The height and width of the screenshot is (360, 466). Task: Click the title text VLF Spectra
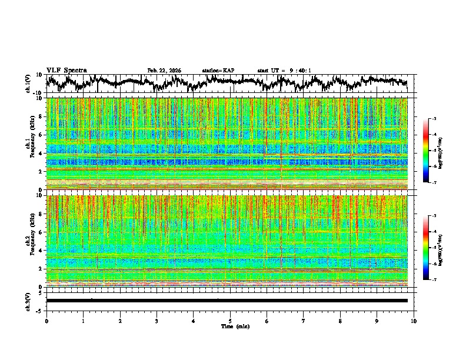click(x=66, y=71)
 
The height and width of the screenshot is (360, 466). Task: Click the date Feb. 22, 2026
click(x=164, y=71)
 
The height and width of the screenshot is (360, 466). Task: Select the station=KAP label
click(x=218, y=71)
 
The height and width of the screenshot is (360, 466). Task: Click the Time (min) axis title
click(x=235, y=326)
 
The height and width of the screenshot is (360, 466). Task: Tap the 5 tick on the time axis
click(x=230, y=321)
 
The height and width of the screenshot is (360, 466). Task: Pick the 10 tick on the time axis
click(x=414, y=321)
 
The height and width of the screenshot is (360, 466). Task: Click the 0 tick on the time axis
click(x=46, y=321)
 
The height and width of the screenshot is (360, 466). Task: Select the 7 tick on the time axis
click(x=304, y=321)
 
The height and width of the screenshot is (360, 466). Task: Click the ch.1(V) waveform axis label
click(x=28, y=84)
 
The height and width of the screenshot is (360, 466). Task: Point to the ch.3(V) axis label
click(x=28, y=301)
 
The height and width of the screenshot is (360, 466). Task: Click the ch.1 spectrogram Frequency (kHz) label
click(x=28, y=144)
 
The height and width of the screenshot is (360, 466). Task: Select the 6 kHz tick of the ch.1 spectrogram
click(x=41, y=135)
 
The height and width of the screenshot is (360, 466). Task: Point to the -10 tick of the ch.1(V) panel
click(x=39, y=94)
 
